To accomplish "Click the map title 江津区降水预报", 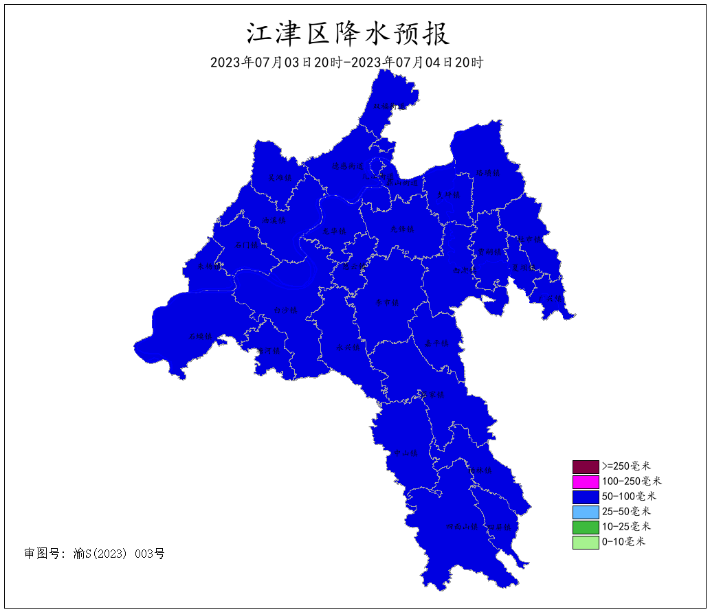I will point(348,33).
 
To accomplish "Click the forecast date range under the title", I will point(347,63).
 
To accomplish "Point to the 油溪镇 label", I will point(273,220).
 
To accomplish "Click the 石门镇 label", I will point(246,245).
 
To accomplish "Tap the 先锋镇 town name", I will point(402,229).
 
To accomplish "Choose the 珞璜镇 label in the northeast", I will point(488,172).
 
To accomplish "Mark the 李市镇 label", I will point(386,302).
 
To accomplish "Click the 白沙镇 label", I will point(285,310).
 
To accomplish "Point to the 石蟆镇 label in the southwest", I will point(200,336).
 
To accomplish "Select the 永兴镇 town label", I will point(348,348).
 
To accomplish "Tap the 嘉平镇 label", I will point(436,343).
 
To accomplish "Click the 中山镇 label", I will point(406,453).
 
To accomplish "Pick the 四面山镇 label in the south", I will point(461,528).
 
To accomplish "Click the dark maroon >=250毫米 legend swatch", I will point(585,467).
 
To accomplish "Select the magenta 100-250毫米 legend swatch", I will point(585,482).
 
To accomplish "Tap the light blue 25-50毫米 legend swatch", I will point(585,512).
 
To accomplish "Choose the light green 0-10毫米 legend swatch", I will point(585,542).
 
